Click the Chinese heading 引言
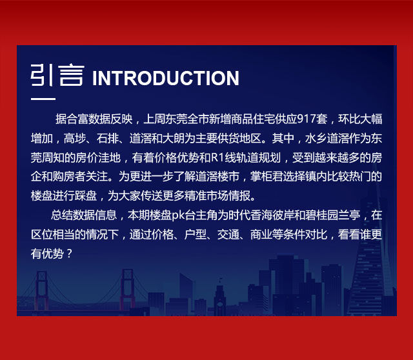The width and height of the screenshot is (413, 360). [57, 75]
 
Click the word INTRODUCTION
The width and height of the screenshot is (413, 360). [166, 78]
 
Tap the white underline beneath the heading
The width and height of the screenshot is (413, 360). [43, 99]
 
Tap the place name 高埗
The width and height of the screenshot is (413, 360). [75, 138]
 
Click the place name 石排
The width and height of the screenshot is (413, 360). [108, 138]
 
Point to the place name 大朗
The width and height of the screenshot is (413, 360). [174, 138]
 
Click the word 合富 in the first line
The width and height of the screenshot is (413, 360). [77, 119]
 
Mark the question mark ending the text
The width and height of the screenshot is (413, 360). [69, 254]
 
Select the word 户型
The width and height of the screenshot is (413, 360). [195, 235]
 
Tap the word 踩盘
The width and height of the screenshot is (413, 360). [86, 196]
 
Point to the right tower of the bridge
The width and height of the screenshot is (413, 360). [127, 289]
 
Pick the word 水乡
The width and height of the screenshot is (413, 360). [316, 138]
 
